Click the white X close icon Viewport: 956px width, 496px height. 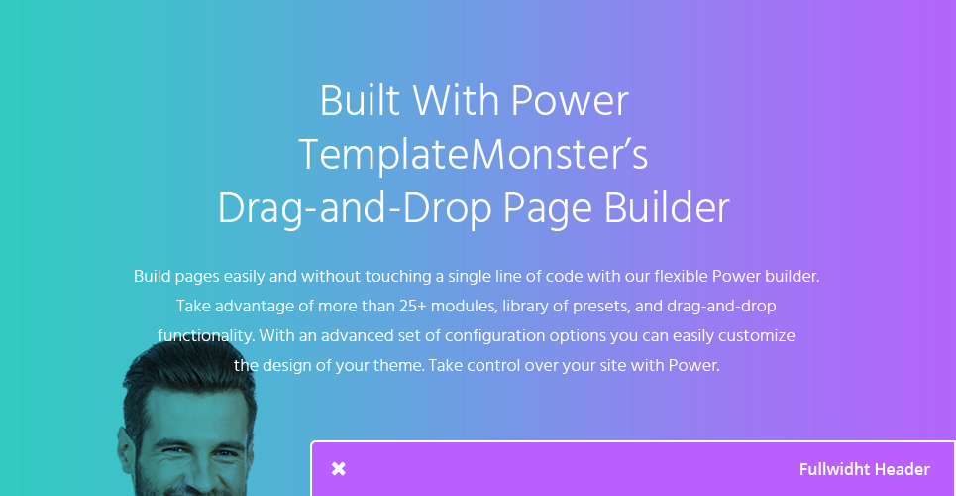339,469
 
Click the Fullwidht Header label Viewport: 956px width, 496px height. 865,470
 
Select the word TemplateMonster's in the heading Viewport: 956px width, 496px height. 474,155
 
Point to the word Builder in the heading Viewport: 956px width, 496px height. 667,209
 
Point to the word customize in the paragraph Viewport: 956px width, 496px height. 760,336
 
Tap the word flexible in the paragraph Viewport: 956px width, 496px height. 681,276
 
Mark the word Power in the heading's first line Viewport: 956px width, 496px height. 570,101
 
